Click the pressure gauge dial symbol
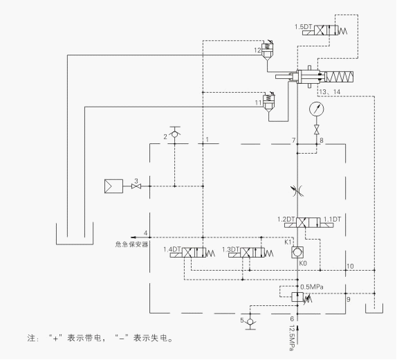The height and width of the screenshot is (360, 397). (x=317, y=109)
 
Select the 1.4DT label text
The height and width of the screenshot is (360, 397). (x=172, y=249)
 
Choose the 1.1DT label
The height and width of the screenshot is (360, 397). (x=335, y=219)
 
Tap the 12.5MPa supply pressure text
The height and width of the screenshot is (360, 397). (x=292, y=339)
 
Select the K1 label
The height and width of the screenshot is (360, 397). (x=289, y=242)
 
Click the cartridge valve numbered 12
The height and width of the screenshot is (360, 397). (x=266, y=53)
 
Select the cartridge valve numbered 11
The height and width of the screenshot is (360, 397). (x=266, y=104)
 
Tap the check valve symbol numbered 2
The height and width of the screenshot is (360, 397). (x=174, y=132)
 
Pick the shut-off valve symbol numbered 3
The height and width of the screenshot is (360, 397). (x=136, y=186)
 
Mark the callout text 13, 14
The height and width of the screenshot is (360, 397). (x=330, y=91)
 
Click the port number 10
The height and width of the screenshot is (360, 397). (x=350, y=266)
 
